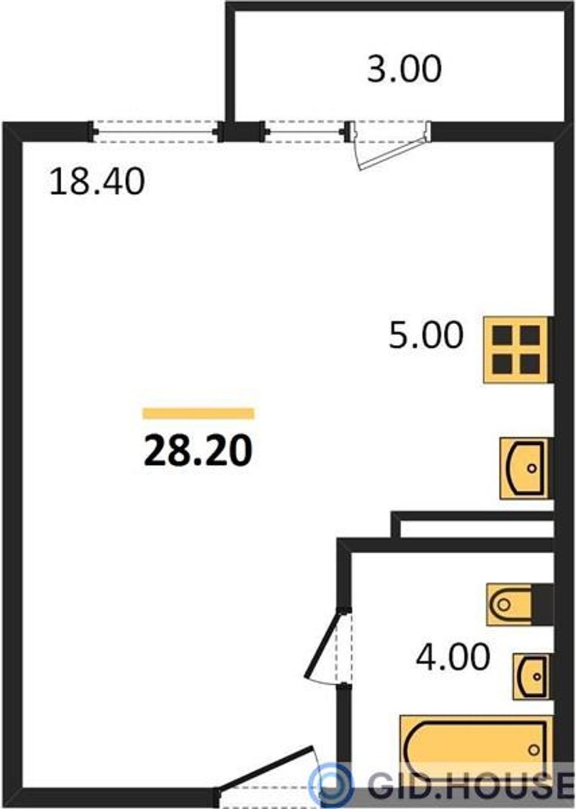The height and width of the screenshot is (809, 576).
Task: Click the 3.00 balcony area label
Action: click(x=404, y=68)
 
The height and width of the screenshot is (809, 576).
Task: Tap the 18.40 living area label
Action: click(x=97, y=182)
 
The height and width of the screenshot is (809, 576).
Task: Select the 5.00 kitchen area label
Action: click(x=426, y=335)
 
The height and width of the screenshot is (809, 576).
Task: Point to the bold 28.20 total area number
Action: click(x=198, y=452)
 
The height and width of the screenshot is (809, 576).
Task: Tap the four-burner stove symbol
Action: click(x=517, y=349)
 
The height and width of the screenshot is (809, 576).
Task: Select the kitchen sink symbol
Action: click(x=524, y=468)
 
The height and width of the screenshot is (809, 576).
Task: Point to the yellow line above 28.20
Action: click(x=198, y=413)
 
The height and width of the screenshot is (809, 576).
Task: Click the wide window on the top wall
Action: click(x=155, y=132)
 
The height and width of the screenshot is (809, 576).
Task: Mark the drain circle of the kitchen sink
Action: click(x=532, y=468)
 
